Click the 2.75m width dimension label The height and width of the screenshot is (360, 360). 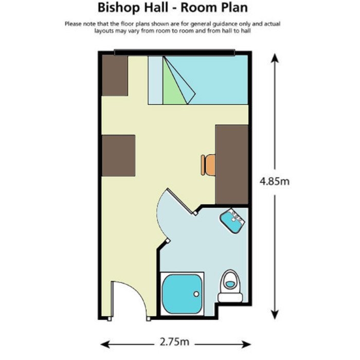174,342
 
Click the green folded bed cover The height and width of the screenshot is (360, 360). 175,82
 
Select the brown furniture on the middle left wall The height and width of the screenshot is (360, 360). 118,156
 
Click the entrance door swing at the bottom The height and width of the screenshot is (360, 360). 129,301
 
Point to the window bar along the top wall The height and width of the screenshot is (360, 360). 175,52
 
